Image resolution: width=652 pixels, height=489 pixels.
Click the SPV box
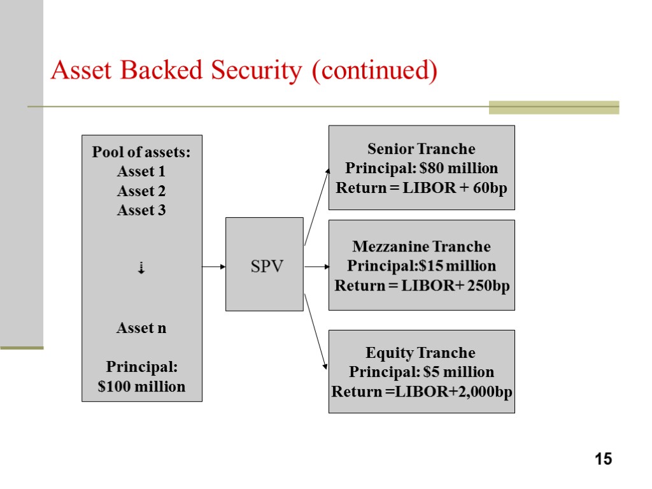264,264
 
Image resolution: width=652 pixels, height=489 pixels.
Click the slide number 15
603,458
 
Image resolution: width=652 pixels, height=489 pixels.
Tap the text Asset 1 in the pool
141,172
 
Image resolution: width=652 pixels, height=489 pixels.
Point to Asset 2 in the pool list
141,191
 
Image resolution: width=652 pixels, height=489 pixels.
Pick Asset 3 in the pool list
141,210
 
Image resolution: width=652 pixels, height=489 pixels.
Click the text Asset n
141,329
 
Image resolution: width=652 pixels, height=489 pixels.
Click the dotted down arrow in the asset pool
141,269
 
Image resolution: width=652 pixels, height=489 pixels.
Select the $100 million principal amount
141,386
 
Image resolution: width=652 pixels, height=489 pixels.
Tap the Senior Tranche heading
422,149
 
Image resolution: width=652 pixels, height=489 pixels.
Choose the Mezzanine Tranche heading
422,246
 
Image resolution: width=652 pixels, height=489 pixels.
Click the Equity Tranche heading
421,353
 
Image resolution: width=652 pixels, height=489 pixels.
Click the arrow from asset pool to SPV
214,267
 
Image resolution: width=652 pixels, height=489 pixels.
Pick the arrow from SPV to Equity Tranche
316,331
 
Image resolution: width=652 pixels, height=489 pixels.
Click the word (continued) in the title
374,71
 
